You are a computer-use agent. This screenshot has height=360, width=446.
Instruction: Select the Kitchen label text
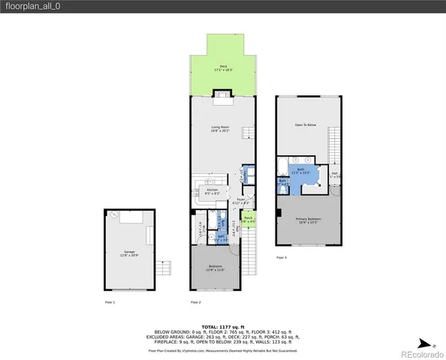coord(212,191)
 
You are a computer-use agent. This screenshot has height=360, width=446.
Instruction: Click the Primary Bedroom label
coord(309,220)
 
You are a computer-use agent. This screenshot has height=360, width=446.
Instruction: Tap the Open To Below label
coord(305,125)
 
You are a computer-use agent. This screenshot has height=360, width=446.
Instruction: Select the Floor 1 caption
coord(110,301)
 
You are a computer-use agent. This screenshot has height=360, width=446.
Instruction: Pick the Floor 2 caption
coord(195,301)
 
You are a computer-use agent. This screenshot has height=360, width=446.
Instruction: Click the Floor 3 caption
coord(282,257)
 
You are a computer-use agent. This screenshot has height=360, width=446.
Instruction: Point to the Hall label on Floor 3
coord(334,175)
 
